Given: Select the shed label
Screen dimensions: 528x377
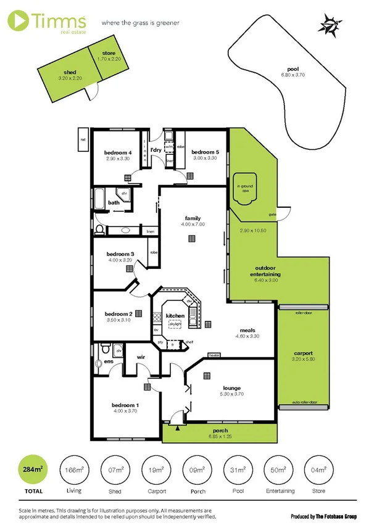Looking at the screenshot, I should tap(69, 72).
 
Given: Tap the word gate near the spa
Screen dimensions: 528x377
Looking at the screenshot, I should tap(271, 214).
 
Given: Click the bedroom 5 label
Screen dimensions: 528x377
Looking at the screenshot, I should tap(204, 152).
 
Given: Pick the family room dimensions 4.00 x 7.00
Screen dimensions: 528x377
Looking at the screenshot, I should tap(192, 225).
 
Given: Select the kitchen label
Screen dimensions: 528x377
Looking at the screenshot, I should tap(175, 316).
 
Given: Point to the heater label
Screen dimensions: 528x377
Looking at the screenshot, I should tap(215, 355).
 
